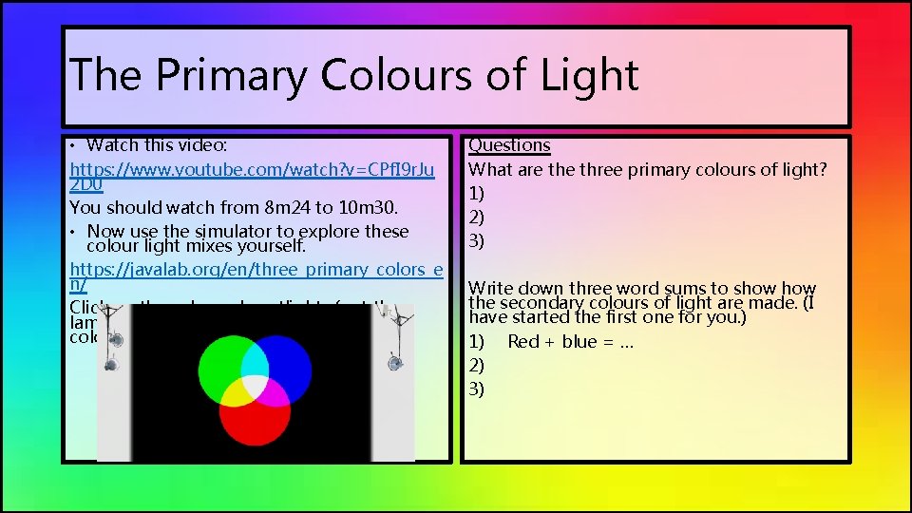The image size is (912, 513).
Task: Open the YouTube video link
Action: pos(252,171)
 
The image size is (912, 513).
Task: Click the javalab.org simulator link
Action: pos(256,270)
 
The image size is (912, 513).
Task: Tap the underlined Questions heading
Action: pos(509,145)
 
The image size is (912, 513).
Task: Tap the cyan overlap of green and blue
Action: pos(256,358)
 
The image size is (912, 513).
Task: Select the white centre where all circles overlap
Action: pos(256,384)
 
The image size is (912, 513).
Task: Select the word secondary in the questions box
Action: pos(548,303)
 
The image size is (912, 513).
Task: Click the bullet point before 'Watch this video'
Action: pos(73,146)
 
